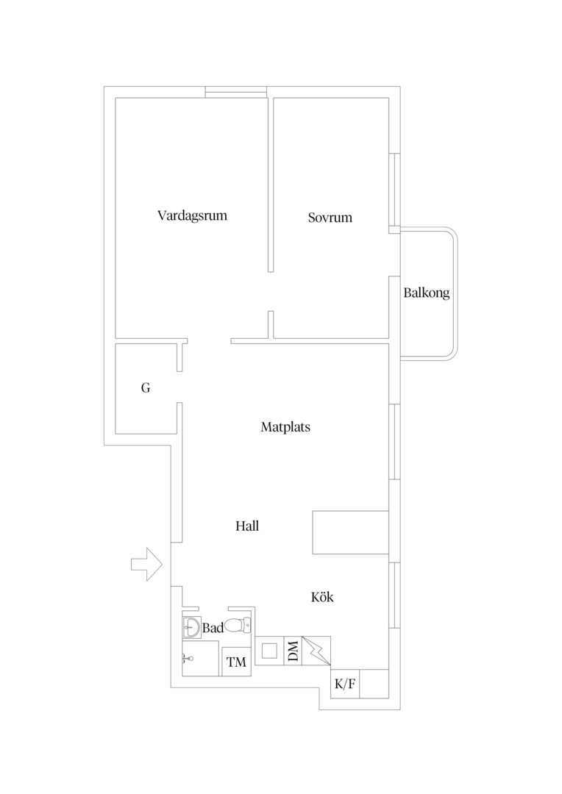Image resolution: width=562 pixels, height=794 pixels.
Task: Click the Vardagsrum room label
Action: [192, 215]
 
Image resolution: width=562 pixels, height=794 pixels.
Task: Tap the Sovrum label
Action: [330, 218]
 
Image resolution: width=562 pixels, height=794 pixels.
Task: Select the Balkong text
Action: [427, 293]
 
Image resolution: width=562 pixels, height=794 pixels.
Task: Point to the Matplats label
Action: [285, 427]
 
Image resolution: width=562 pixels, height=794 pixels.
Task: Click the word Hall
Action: [247, 526]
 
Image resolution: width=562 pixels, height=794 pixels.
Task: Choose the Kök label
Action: [322, 597]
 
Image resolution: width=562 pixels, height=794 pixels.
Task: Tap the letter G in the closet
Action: [146, 388]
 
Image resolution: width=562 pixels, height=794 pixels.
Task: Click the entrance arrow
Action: [147, 564]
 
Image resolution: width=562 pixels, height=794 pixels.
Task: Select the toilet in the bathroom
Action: [238, 626]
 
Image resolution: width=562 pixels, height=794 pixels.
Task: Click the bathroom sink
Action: [191, 628]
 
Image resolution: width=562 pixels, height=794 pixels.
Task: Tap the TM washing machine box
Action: [237, 662]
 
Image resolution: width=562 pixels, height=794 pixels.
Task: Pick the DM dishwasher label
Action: [293, 651]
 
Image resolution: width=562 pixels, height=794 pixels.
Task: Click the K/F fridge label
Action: [345, 684]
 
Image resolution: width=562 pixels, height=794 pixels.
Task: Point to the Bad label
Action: [213, 628]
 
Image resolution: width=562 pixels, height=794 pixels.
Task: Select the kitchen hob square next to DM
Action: [269, 651]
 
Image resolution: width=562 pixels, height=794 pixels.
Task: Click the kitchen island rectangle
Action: [351, 532]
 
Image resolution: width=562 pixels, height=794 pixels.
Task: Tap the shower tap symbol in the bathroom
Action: [188, 658]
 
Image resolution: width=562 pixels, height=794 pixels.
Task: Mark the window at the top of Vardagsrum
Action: [236, 92]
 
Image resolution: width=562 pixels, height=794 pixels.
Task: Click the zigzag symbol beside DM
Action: [316, 651]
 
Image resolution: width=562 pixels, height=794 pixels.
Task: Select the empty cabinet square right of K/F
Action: [374, 684]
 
